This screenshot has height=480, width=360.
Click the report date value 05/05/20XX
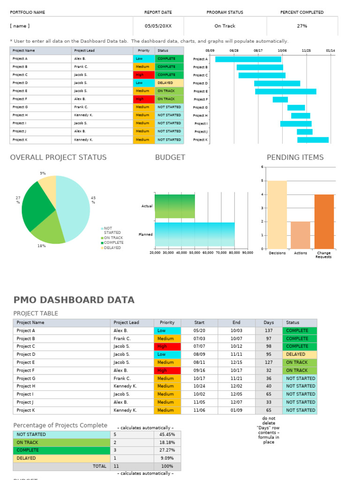[x=158, y=26]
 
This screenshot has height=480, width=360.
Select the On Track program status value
[x=225, y=26]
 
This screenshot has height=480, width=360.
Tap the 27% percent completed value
[x=302, y=26]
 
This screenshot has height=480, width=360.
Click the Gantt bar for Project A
[x=248, y=59]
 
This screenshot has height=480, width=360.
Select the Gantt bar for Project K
[x=313, y=140]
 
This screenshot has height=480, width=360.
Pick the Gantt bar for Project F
[x=280, y=99]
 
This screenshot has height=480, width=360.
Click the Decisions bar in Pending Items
[x=277, y=214]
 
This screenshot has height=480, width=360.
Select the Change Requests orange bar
[x=324, y=221]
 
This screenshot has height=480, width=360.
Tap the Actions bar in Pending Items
[x=300, y=235]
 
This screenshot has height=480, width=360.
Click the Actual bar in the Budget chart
[x=175, y=206]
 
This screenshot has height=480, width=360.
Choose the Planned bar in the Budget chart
[x=195, y=234]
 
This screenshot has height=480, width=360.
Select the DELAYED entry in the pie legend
[x=112, y=248]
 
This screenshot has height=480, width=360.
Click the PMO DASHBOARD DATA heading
[x=74, y=300]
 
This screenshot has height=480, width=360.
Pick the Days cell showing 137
[x=269, y=330]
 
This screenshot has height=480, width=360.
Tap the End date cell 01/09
[x=236, y=410]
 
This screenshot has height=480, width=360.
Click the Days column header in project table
[x=269, y=322]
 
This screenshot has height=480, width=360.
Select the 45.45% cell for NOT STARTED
[x=167, y=435]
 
